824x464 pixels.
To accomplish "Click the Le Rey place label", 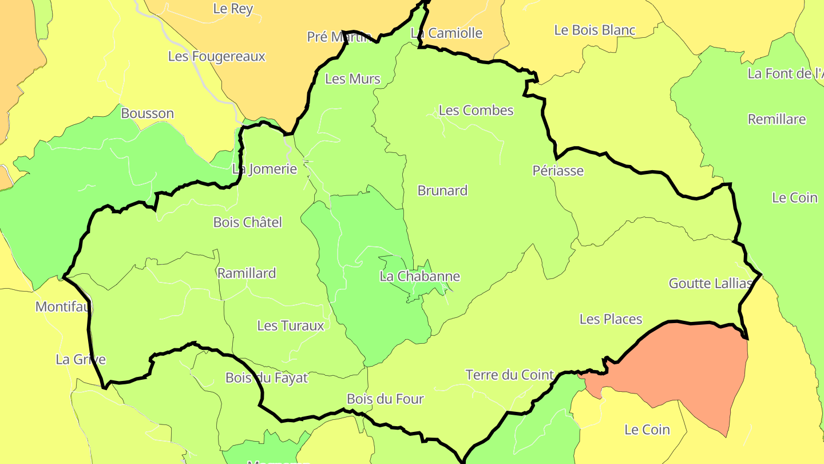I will click(233, 9).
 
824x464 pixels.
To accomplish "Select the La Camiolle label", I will click(447, 33).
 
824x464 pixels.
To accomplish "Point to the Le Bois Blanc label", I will click(595, 30).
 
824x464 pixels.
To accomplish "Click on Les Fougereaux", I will click(217, 57).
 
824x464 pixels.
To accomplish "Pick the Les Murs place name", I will click(352, 79).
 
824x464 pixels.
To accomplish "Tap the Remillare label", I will click(777, 120).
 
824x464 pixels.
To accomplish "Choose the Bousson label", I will click(147, 113).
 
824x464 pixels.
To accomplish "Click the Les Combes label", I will click(476, 111).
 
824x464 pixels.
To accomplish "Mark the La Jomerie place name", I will click(264, 169).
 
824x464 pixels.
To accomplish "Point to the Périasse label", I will click(558, 171).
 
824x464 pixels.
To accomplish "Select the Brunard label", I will click(442, 191).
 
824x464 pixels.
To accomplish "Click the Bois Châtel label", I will click(247, 222).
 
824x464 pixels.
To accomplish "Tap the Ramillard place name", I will click(247, 273).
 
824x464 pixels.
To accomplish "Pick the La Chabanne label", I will click(419, 277).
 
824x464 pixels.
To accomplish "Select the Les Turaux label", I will click(291, 326).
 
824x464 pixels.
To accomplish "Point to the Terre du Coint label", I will click(509, 375).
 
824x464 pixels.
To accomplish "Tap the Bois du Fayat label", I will click(267, 378).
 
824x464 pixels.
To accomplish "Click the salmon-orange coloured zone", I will click(687, 367).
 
